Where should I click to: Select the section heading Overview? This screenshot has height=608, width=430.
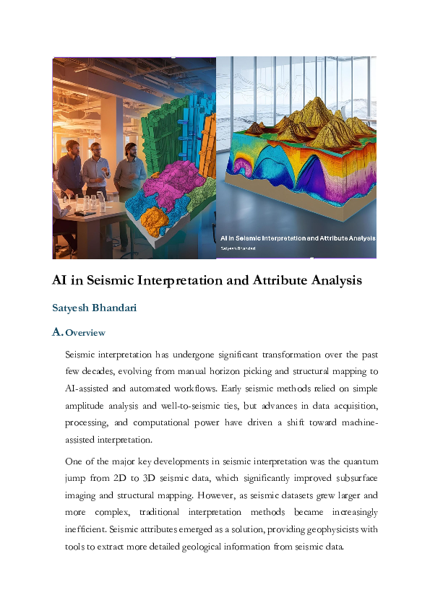[x=85, y=333]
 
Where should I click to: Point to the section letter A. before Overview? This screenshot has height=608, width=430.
[x=58, y=333]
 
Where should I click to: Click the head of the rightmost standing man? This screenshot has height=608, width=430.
[x=130, y=149]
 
